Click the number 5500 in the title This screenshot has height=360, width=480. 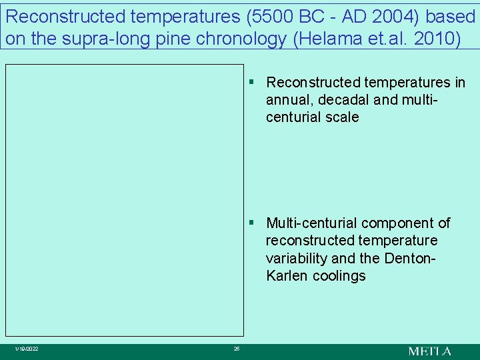point(245,15)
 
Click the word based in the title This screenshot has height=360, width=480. point(451,15)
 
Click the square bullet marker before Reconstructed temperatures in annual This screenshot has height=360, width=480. point(253,82)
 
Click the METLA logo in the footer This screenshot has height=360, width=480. point(429,351)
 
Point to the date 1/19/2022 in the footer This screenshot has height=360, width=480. point(27,349)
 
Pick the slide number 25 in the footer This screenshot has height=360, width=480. point(237,349)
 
